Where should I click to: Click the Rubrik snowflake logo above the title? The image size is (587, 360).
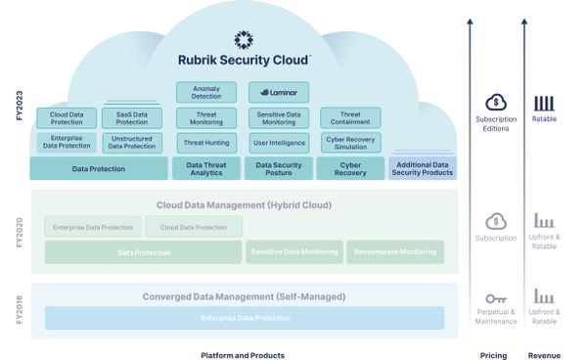coord(244,39)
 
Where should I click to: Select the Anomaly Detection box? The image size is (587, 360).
coord(205,92)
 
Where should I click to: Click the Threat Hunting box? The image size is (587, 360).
coord(205,143)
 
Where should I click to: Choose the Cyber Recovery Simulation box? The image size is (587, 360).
coord(350,143)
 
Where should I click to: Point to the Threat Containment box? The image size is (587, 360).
coord(350,117)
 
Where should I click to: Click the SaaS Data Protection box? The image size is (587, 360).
coord(132,117)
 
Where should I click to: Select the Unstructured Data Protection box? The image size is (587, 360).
coord(132,143)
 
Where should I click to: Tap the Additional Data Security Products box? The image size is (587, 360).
coord(422,168)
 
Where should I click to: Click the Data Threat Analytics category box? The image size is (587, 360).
coord(205,168)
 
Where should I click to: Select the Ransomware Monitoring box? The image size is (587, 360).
coord(395,252)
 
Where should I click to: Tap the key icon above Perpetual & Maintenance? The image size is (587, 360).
coord(496,296)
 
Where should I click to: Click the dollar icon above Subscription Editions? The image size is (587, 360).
coord(496,103)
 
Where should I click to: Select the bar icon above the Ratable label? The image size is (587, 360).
coord(544,103)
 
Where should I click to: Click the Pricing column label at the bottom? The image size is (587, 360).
coord(493,354)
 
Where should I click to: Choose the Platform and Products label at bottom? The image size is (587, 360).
coord(243,354)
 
